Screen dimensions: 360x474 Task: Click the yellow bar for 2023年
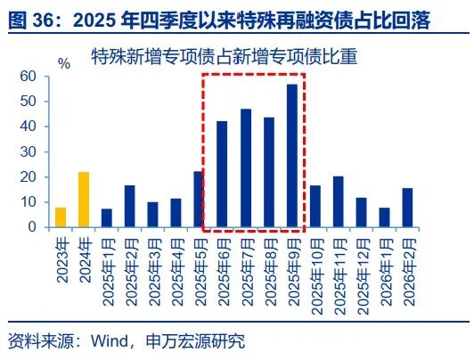[61, 217]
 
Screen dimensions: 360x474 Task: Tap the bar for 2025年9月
[291, 156]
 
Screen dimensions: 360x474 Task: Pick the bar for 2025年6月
[223, 175]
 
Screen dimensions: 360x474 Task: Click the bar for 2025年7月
[246, 168]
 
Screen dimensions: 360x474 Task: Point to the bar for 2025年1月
[107, 218]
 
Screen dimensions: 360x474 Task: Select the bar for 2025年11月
[338, 202]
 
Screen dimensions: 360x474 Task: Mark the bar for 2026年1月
[384, 217]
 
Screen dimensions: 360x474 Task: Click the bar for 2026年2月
[407, 208]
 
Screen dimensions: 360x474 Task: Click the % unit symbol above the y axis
[63, 63]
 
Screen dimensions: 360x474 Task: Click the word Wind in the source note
[109, 341]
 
